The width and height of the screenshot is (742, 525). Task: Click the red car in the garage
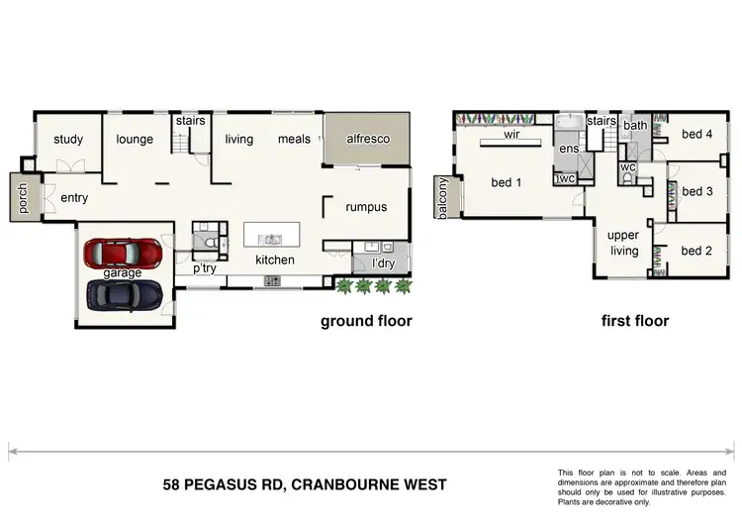125,254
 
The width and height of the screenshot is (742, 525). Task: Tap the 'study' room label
68,140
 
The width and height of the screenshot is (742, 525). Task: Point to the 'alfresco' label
367,140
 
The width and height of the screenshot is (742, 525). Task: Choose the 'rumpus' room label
365,207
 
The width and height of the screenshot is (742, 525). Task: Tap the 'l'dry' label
382,263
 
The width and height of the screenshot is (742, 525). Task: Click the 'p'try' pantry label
205,268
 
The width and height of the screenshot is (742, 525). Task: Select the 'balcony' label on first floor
442,198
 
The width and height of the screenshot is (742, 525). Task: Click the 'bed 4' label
696,134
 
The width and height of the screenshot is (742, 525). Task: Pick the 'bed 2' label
696,251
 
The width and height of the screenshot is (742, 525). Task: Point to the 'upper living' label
623,243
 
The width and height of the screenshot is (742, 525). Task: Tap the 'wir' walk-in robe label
512,133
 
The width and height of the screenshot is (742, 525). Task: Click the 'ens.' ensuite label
569,149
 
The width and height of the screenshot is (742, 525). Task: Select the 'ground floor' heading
365,321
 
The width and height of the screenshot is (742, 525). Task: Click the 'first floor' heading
635,321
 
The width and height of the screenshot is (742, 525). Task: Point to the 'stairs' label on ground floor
190,121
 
